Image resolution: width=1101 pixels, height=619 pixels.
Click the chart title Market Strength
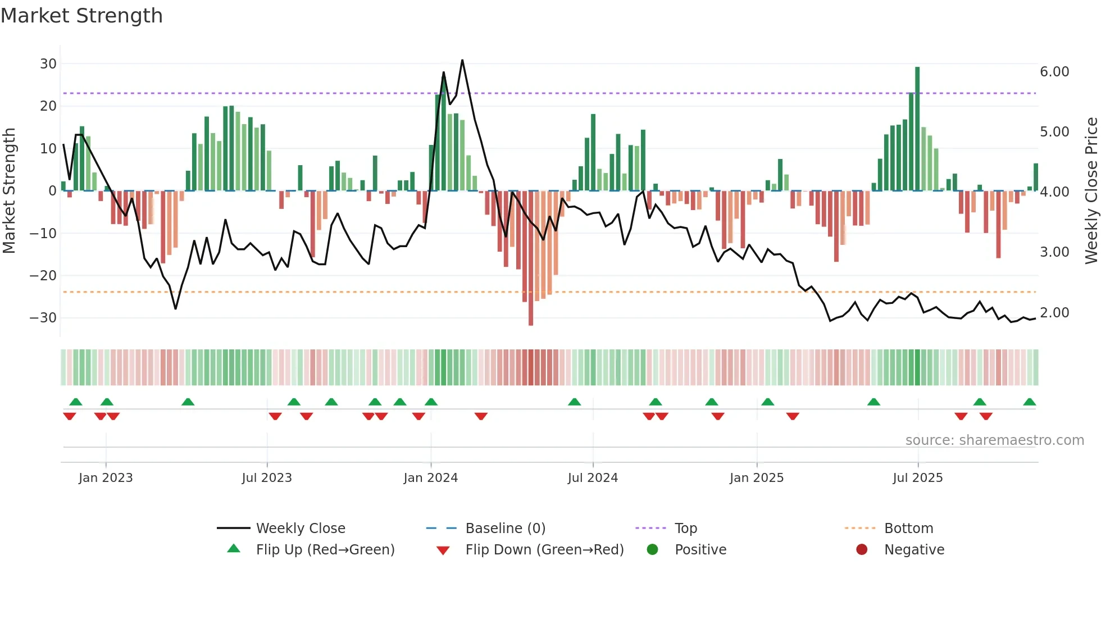click(81, 16)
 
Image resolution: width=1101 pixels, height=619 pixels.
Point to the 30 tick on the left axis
click(48, 64)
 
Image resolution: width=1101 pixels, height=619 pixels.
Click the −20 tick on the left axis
click(43, 276)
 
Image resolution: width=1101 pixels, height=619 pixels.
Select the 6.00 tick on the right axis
click(1054, 72)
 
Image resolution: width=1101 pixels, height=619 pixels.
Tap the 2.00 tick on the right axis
click(1054, 313)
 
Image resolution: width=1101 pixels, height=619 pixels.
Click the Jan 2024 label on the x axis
click(430, 478)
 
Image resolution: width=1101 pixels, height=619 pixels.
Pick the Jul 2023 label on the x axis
click(267, 478)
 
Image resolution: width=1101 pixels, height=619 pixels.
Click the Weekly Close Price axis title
click(1091, 190)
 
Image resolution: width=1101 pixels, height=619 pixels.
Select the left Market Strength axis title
click(9, 190)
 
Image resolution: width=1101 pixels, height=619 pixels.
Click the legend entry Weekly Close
click(301, 529)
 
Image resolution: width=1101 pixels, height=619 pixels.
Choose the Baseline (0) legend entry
click(505, 529)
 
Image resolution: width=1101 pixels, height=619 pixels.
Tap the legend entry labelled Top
click(685, 529)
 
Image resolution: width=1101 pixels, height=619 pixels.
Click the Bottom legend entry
click(908, 529)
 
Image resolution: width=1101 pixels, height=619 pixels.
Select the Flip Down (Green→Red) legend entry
click(544, 550)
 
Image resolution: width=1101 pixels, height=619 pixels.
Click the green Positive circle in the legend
click(652, 550)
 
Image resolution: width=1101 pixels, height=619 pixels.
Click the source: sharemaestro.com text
click(994, 440)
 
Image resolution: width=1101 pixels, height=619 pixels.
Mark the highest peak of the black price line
click(462, 60)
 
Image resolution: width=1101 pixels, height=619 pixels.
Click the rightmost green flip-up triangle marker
click(1030, 402)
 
